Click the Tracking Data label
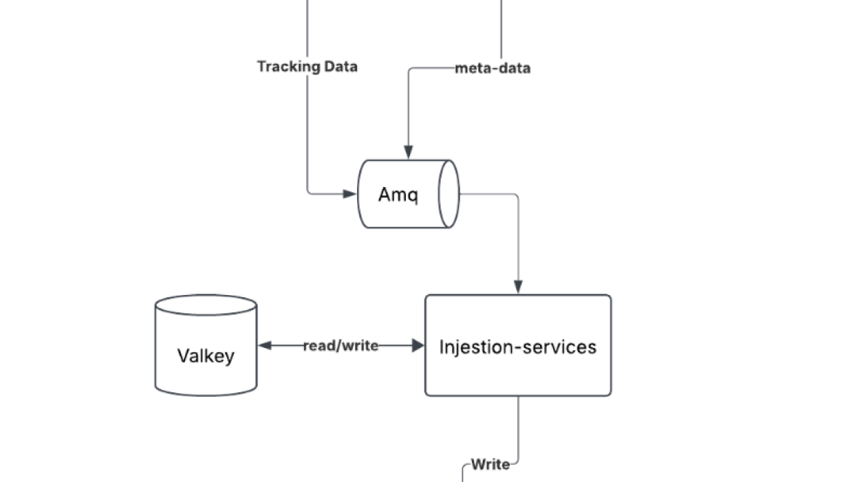307,67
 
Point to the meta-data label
492,68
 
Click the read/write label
340,346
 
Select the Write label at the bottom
490,465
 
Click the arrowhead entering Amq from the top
409,152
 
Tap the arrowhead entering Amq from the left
350,194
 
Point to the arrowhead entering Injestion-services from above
518,287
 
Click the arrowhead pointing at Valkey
265,346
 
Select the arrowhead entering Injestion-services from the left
417,346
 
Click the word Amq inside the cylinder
398,194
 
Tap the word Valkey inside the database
206,356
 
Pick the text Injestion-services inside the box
518,346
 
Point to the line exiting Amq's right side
494,194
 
